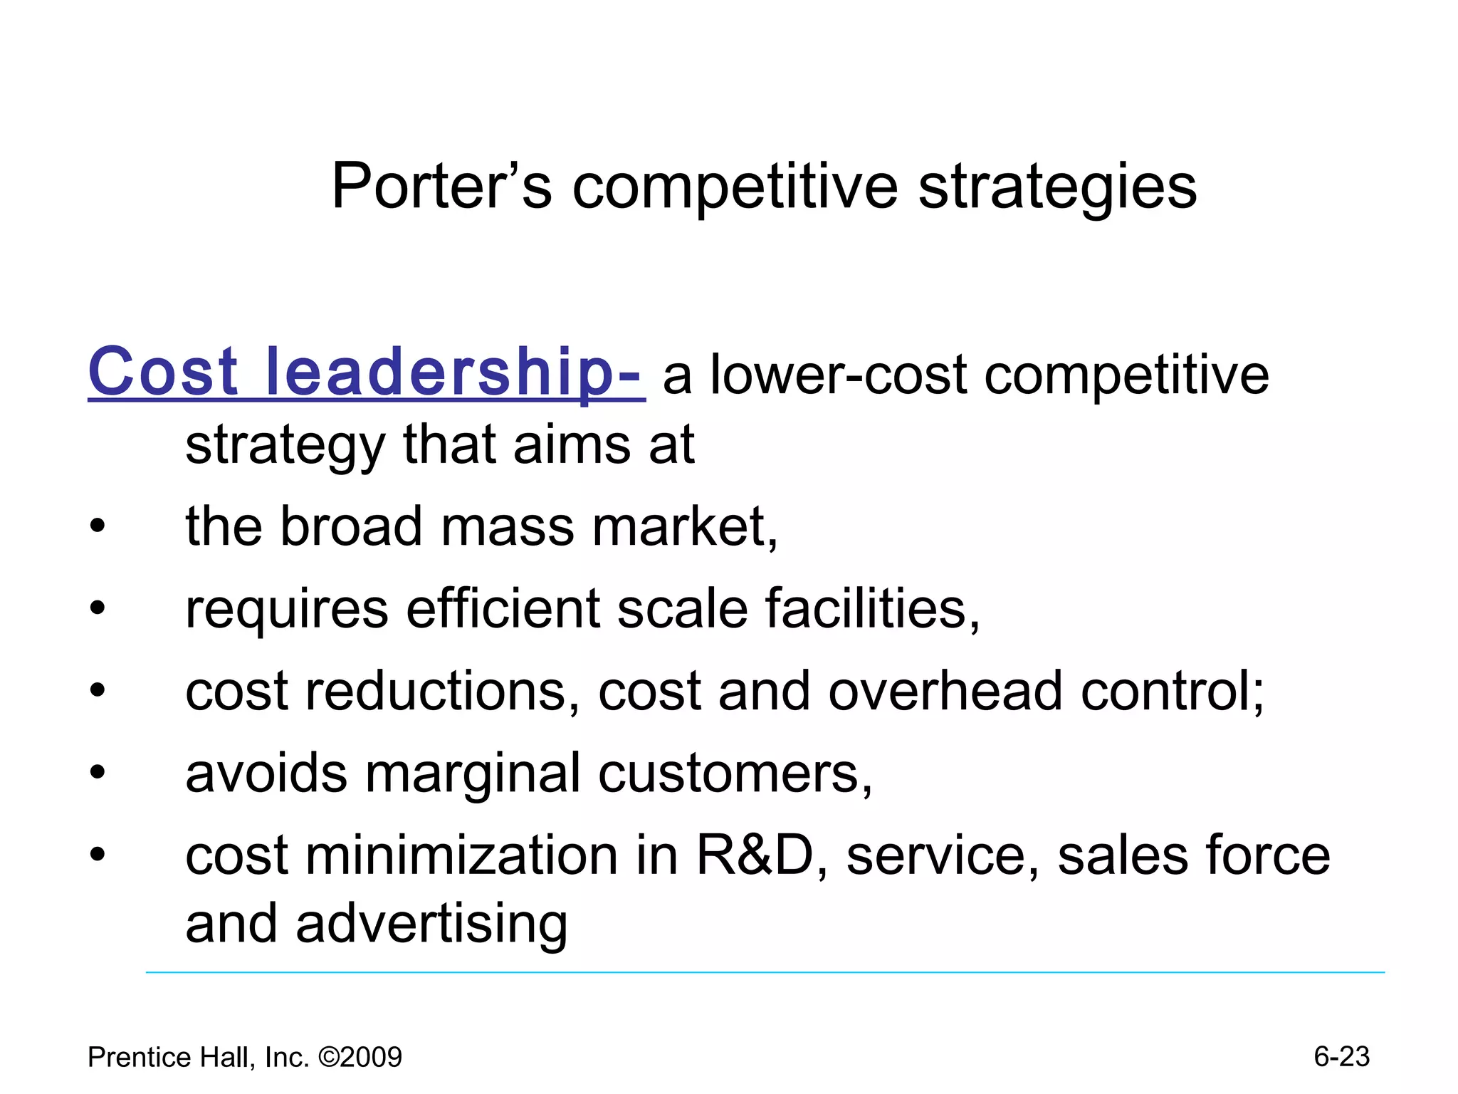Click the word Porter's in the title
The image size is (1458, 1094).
441,187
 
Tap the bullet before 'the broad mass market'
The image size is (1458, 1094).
98,528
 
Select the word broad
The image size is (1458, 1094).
352,526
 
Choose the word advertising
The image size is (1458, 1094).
431,924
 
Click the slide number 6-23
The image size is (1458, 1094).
1341,1057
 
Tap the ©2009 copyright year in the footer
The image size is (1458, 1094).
360,1058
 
